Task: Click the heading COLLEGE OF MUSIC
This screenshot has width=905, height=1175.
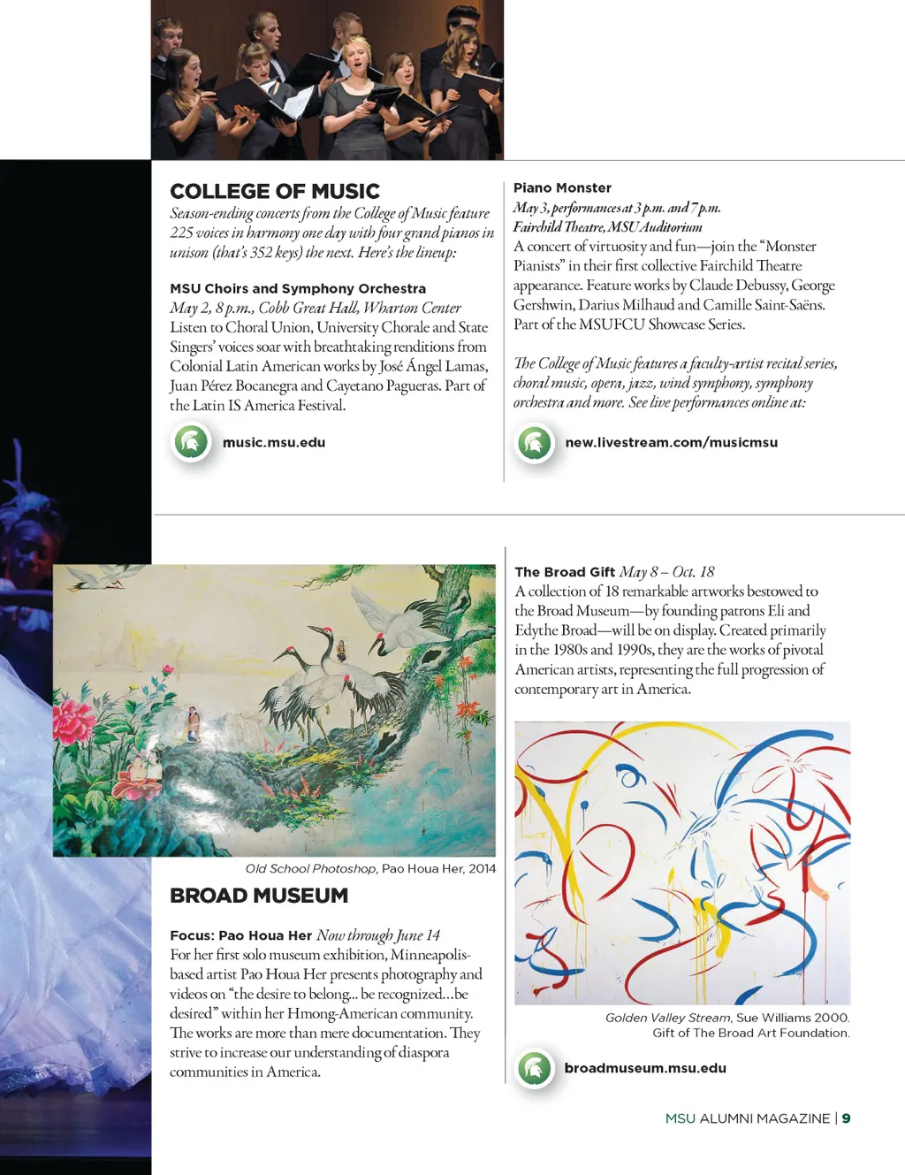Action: (x=275, y=192)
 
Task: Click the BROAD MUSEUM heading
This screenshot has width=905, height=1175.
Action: (x=259, y=896)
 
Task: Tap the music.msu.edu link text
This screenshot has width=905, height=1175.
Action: (x=274, y=443)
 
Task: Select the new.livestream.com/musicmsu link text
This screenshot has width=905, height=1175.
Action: (x=672, y=443)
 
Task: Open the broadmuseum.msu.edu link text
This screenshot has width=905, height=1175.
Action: (x=645, y=1068)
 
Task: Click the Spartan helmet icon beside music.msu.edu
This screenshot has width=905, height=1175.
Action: (x=191, y=442)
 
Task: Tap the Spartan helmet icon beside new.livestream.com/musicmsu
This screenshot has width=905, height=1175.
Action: (x=535, y=442)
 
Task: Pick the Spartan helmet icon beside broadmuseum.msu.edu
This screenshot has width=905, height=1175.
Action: (x=535, y=1068)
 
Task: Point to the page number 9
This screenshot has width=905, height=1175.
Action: (x=846, y=1118)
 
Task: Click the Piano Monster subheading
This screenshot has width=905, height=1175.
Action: (x=562, y=188)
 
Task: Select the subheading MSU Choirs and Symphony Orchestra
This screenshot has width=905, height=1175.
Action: (x=298, y=289)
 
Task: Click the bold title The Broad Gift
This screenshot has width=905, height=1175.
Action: (x=565, y=572)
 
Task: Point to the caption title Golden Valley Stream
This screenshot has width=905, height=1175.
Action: (x=668, y=1018)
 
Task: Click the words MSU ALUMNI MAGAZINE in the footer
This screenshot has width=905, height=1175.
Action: (x=748, y=1118)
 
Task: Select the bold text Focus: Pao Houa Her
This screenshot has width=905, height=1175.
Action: (x=240, y=935)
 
